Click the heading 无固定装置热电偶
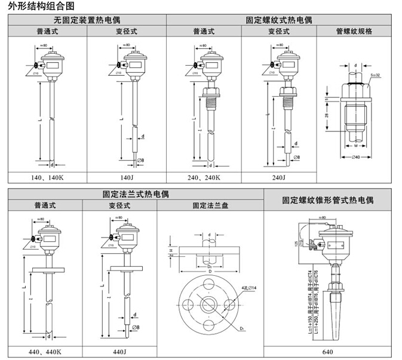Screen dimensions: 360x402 coord(87,20)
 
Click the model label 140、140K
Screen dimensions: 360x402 coord(48,177)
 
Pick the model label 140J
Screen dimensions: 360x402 coord(127,177)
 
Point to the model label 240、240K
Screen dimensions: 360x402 coord(204,177)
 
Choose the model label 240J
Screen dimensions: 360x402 coord(279,177)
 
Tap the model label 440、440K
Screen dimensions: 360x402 coord(44,352)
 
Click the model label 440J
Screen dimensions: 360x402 coord(119,352)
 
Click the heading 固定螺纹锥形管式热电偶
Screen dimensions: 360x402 coord(328,200)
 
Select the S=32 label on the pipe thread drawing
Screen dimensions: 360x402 coord(376,75)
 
